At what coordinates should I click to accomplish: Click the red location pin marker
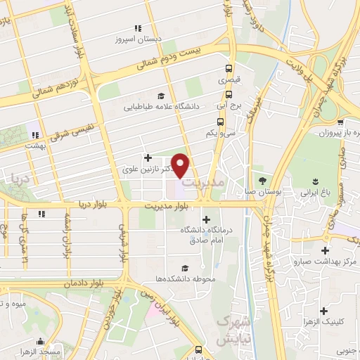click(181, 165)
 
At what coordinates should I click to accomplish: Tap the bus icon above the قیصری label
click(229, 69)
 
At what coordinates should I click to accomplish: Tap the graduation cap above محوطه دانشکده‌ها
click(184, 268)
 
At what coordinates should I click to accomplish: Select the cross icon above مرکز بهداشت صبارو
click(325, 250)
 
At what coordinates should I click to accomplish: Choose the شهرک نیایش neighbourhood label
click(226, 330)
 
